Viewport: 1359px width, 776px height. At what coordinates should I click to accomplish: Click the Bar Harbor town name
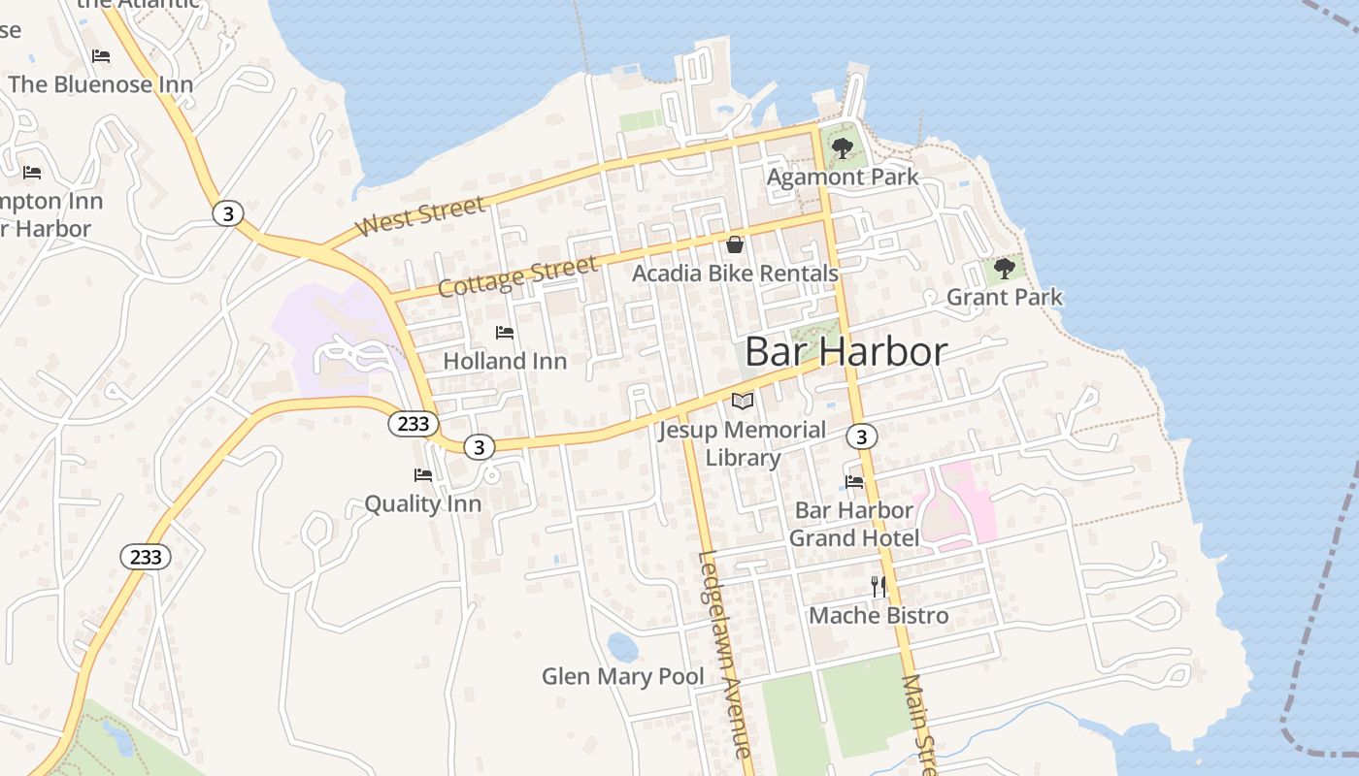[845, 351]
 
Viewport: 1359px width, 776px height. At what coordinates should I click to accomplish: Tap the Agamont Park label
[843, 178]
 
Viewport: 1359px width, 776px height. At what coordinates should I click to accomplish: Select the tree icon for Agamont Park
[843, 148]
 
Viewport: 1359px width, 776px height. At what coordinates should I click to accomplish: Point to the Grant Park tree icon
[1005, 268]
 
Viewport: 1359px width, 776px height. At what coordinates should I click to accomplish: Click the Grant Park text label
[1005, 297]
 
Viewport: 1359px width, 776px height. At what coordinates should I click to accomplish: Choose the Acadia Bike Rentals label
[735, 274]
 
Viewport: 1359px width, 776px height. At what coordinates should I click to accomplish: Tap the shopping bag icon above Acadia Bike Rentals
[735, 244]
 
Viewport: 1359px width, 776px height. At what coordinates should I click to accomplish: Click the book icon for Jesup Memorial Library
[743, 401]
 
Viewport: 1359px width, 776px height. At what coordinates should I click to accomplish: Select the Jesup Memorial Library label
[743, 443]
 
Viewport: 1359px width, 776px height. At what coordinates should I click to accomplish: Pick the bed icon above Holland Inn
[505, 333]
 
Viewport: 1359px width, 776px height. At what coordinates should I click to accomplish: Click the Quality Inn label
[422, 504]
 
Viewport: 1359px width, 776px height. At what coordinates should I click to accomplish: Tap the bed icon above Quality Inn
[423, 475]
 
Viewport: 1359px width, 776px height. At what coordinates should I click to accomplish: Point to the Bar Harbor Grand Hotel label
[854, 524]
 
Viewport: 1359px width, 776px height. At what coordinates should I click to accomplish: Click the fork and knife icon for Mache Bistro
[878, 586]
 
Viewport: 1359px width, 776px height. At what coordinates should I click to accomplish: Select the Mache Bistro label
[878, 615]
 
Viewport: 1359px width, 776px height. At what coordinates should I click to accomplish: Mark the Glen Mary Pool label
[623, 676]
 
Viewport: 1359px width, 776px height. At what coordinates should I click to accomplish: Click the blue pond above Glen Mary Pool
[622, 646]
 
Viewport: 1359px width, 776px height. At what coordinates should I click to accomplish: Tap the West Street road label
[419, 216]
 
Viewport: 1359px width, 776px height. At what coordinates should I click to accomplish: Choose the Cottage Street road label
[516, 276]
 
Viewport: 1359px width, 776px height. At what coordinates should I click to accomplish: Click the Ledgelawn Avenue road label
[724, 654]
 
